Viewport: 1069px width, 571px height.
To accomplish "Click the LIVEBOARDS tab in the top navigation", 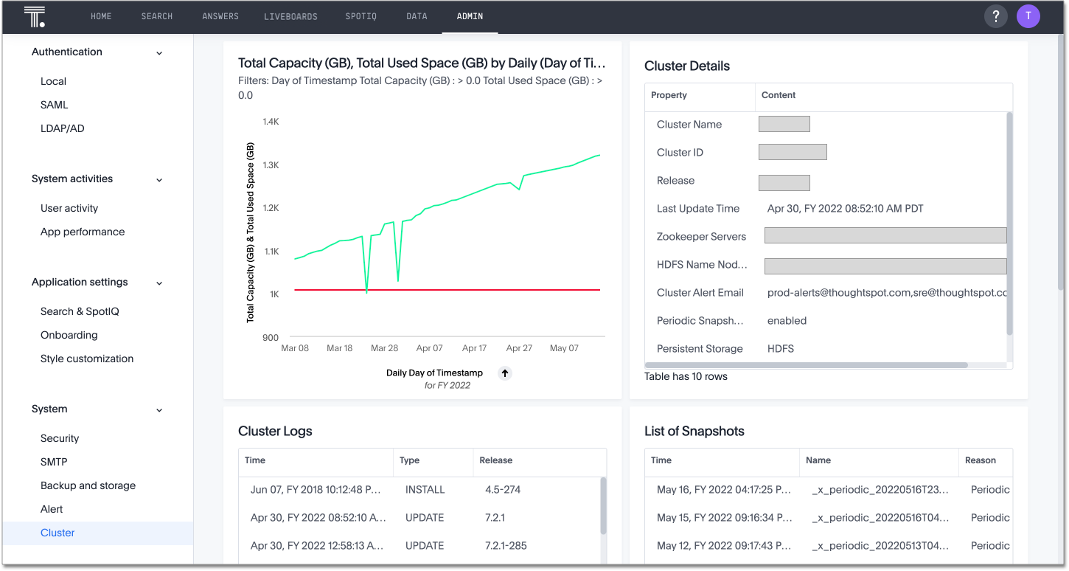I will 290,16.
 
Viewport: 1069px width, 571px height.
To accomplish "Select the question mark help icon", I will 996,16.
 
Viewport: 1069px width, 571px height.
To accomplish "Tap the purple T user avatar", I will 1028,16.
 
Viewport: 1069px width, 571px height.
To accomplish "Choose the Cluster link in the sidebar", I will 58,533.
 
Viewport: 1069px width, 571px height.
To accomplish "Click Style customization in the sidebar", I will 87,359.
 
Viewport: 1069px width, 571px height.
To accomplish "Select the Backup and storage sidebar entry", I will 88,485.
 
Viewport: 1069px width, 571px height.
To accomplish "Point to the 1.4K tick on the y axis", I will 271,122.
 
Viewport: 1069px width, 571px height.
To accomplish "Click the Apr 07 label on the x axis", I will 429,348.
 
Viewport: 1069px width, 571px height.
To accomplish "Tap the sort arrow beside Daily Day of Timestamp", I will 505,373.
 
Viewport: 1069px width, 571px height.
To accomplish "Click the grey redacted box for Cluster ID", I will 793,153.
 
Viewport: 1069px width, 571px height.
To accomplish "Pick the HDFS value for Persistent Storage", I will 781,348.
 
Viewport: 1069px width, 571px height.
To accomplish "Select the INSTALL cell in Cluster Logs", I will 425,489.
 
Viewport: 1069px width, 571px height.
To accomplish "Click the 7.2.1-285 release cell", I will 506,545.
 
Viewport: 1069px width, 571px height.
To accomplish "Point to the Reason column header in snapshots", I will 981,460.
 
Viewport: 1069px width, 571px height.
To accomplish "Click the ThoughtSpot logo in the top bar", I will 35,16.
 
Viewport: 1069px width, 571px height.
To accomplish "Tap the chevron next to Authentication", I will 159,53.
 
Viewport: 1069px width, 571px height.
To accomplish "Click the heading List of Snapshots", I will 694,432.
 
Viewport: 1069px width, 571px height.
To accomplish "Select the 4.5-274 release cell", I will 503,489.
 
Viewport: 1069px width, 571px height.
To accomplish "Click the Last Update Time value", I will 845,209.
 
